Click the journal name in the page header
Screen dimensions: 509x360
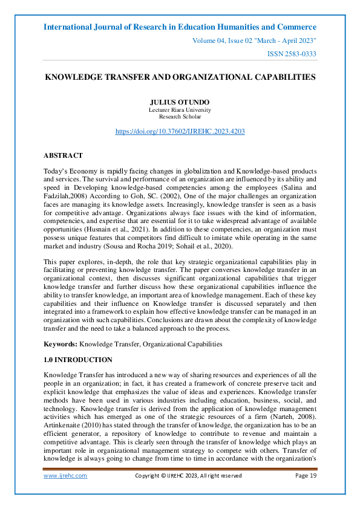tap(180, 27)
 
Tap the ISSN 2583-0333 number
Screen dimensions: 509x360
tap(292, 54)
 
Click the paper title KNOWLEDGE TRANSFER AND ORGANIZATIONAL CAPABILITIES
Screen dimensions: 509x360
tap(180, 77)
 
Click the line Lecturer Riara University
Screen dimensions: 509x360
tap(180, 110)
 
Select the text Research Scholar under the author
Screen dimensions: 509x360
tap(180, 117)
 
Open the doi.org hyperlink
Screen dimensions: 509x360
tap(180, 131)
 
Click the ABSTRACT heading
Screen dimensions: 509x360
tap(64, 155)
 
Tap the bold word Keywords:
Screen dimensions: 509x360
tap(61, 344)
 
